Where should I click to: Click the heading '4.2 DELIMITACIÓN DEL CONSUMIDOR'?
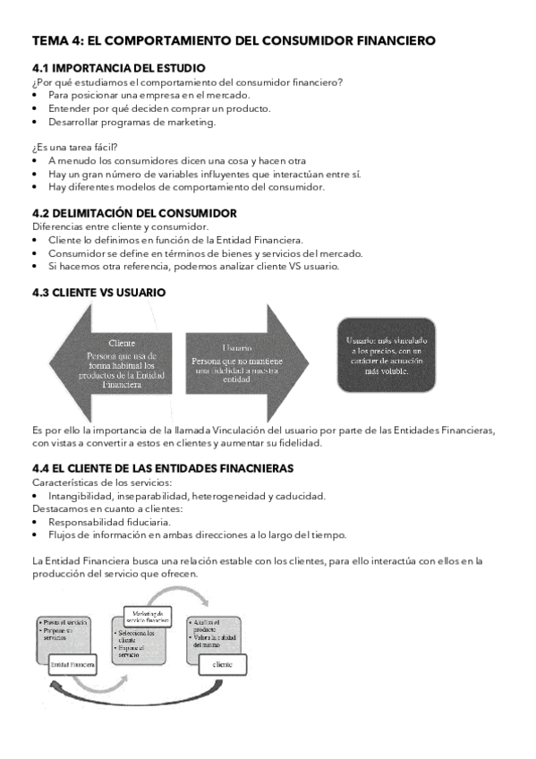[x=134, y=213]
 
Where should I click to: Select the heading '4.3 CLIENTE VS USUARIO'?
[x=98, y=293]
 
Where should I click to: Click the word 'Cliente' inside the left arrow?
[x=121, y=343]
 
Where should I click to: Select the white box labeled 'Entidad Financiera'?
[x=73, y=665]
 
